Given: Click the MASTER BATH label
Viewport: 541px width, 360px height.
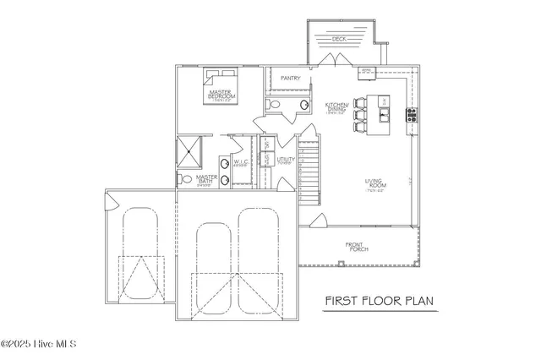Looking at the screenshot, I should click(x=207, y=180).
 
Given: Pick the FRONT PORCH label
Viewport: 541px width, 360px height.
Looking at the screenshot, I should click(x=353, y=247).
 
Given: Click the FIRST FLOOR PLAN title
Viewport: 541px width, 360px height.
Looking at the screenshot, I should click(x=381, y=301).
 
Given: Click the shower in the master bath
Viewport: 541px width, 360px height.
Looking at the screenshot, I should click(x=190, y=153).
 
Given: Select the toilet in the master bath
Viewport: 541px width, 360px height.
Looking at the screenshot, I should click(x=184, y=178).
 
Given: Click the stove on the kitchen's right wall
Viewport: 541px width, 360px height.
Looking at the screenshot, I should click(x=412, y=113).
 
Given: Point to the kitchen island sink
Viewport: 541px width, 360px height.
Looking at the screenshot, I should click(x=385, y=104).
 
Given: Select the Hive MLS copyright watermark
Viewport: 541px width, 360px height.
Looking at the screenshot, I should click(x=40, y=344).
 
